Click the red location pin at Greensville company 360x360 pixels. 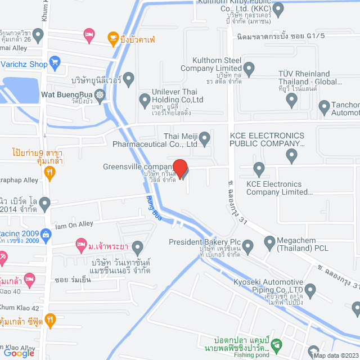tap(179, 168)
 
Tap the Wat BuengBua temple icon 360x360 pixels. tap(100, 94)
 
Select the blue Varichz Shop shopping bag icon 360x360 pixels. tap(55, 61)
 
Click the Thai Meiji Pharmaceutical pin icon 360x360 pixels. tap(205, 137)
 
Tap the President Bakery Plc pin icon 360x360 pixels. tap(251, 244)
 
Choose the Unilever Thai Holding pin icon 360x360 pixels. tap(144, 100)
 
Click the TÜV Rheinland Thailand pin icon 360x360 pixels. tap(291, 100)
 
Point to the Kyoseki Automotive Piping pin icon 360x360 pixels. tap(313, 290)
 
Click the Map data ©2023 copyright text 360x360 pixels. tap(336, 355)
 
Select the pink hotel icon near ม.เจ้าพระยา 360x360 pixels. tap(80, 245)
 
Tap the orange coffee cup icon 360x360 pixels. tap(112, 38)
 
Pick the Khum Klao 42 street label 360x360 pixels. tap(20, 308)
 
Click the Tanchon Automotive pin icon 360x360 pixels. tap(324, 106)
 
